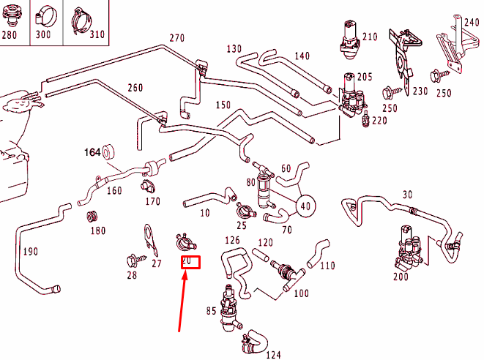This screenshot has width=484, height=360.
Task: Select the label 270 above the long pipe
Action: (x=177, y=38)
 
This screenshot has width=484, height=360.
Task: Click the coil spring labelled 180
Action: (x=93, y=217)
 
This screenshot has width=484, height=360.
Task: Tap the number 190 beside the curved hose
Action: (x=29, y=251)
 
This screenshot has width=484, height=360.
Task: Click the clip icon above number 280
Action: (x=12, y=13)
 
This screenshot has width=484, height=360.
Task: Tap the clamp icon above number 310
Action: (x=83, y=18)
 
